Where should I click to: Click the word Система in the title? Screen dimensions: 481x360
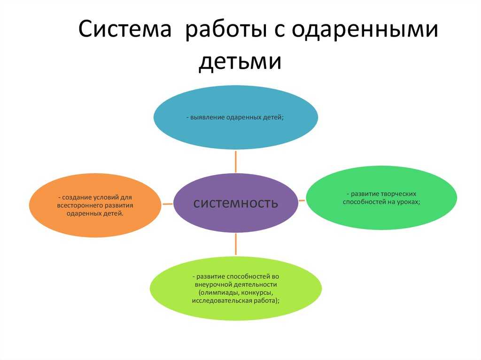124,29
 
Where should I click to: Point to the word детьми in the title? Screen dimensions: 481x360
240,61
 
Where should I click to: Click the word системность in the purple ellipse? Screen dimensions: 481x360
236,203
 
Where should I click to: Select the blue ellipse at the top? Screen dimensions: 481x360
236,117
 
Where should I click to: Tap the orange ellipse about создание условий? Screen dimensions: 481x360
95,205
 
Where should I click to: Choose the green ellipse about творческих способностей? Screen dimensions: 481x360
381,198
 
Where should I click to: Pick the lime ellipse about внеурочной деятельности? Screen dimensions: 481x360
236,289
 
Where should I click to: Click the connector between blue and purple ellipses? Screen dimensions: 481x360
236,161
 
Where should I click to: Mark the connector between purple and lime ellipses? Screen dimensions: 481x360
236,244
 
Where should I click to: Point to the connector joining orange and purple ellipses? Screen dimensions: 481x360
168,204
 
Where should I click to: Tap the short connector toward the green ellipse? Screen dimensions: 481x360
302,200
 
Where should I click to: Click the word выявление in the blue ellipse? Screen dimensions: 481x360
207,117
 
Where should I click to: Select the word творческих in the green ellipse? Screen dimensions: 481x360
398,194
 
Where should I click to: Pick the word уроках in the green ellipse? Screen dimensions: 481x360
409,202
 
